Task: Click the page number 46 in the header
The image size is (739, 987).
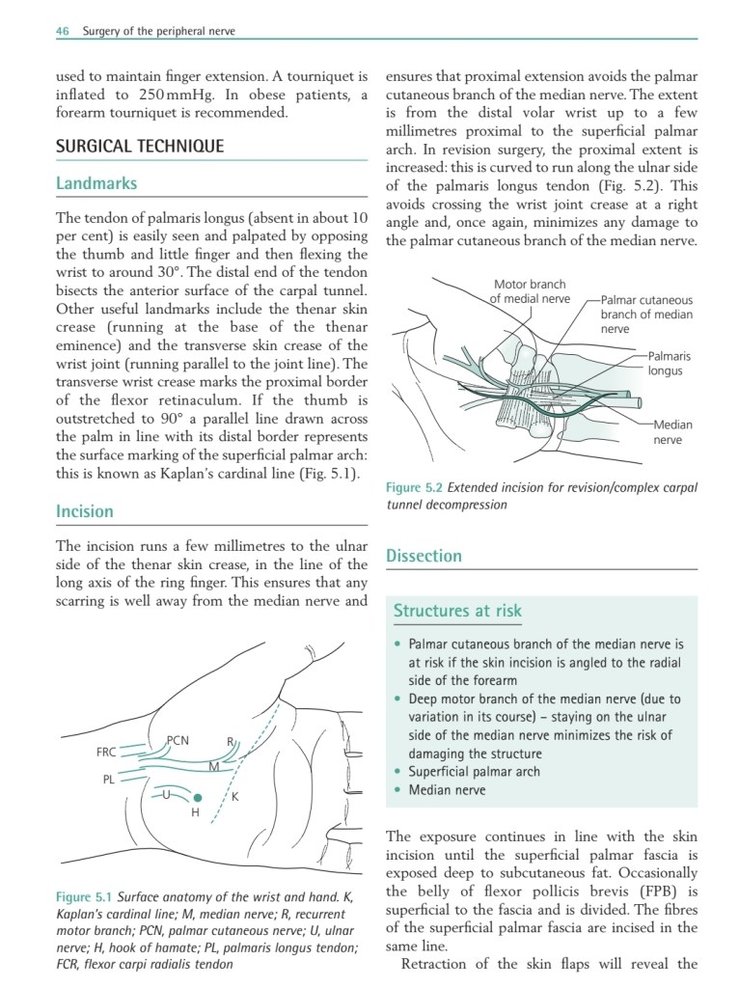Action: coord(63,31)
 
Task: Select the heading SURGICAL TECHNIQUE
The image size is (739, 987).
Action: coord(140,147)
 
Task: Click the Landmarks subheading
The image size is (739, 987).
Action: coord(96,183)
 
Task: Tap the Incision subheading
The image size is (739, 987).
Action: coord(85,511)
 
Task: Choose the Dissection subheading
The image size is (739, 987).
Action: coord(424,556)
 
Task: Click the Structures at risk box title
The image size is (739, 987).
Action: coord(457,610)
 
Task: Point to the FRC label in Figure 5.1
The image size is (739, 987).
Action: coord(107,751)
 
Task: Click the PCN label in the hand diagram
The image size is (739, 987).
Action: coord(178,741)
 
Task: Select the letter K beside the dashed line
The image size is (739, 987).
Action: coord(234,797)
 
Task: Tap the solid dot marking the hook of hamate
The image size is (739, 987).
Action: coord(197,798)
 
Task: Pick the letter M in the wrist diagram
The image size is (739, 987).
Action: coord(213,766)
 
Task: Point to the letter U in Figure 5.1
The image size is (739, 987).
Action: coord(167,794)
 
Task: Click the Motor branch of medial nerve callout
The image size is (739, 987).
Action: coord(529,291)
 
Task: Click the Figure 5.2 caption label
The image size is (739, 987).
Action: coord(416,487)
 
